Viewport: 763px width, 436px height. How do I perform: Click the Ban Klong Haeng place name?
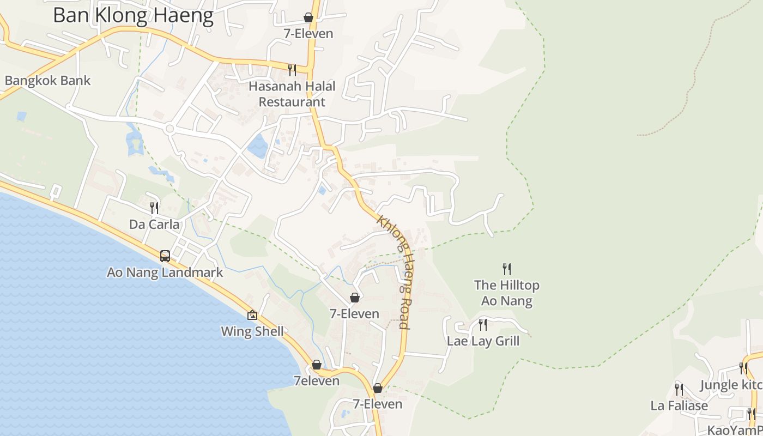point(133,15)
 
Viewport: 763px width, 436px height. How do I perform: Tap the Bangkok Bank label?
point(48,81)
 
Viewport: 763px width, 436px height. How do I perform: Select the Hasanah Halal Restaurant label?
point(292,94)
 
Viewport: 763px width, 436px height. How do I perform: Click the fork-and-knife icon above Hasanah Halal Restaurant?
point(292,69)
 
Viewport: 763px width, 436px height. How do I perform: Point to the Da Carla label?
point(154,224)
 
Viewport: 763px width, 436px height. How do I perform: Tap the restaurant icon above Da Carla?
point(154,208)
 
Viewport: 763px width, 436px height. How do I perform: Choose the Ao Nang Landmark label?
point(165,272)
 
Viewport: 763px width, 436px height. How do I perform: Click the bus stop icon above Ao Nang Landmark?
point(165,256)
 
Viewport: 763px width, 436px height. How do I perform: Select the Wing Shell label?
point(252,331)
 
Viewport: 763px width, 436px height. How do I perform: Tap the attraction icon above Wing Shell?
point(252,315)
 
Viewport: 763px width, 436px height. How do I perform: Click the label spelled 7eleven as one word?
point(316,381)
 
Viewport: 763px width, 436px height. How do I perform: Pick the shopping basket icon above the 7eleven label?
point(317,365)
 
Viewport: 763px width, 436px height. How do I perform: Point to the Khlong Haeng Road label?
point(393,272)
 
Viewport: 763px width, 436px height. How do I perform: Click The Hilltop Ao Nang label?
point(507,293)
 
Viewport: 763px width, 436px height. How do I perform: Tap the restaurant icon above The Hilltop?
point(507,269)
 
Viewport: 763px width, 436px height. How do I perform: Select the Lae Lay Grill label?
point(483,341)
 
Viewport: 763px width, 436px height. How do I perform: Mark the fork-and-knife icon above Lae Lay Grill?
point(483,325)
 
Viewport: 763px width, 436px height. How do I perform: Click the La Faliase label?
point(679,405)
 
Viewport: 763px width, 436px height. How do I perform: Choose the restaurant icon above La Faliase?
point(679,389)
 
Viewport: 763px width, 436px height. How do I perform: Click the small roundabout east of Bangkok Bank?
point(169,129)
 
